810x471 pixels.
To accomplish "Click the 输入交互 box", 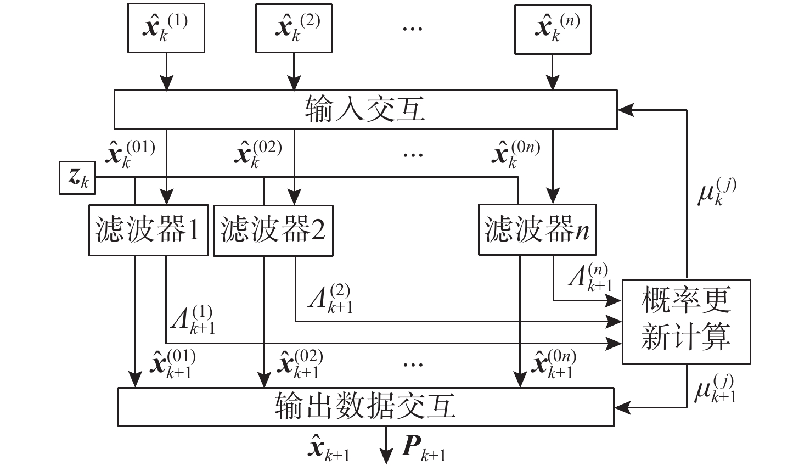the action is [365, 109].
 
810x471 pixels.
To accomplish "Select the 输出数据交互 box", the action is [366, 407].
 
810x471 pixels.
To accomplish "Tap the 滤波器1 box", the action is [149, 231].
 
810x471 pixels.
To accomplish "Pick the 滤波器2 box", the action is [273, 231].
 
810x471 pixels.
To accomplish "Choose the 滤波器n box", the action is [537, 229].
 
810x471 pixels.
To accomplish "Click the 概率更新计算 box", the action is [687, 321].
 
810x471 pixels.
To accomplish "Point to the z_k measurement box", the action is [77, 178].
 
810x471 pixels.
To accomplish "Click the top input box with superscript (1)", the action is [166, 28].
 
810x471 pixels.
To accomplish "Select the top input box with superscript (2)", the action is [294, 28].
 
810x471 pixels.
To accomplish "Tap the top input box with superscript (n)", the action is [553, 29].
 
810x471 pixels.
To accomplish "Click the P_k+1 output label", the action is [424, 449].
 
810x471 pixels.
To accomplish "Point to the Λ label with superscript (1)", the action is [193, 319].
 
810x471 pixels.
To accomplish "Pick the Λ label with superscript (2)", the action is [330, 298].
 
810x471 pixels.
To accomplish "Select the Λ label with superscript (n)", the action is [590, 277].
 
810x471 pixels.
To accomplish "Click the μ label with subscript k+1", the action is [715, 389].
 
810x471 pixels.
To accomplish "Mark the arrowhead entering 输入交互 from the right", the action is [626, 110].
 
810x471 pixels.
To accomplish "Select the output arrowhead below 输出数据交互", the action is [386, 456].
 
